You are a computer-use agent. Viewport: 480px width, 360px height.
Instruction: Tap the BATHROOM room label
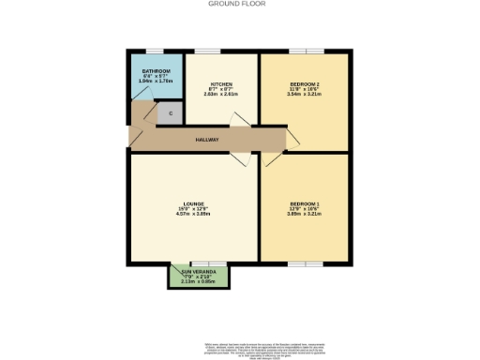pos(156,71)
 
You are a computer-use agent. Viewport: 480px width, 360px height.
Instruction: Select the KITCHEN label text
pos(221,83)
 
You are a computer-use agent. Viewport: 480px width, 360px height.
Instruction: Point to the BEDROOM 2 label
pos(305,84)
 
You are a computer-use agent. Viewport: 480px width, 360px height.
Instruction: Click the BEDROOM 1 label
pos(305,203)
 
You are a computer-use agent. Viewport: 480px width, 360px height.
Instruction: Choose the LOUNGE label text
pos(194,203)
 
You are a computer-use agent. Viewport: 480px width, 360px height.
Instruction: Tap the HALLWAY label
pos(207,140)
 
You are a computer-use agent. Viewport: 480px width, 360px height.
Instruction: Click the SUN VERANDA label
pos(198,272)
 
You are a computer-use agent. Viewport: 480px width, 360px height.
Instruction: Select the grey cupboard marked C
pos(170,113)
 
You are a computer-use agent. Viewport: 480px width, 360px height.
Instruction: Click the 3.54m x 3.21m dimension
pos(305,95)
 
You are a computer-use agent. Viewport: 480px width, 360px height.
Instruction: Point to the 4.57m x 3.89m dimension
pos(194,214)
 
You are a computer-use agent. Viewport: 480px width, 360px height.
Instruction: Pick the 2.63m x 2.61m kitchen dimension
pos(221,94)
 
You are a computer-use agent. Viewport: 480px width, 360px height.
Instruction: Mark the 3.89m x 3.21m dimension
pos(305,214)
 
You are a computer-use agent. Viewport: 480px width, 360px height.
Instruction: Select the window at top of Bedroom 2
pos(305,51)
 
